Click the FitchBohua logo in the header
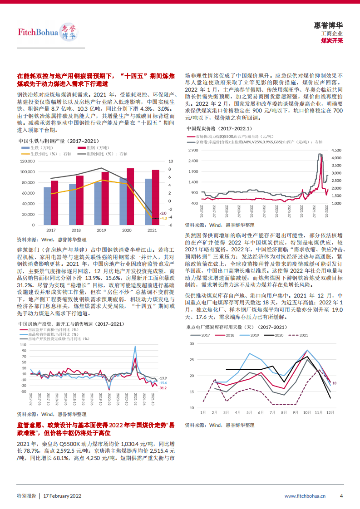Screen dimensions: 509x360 [x=47, y=32]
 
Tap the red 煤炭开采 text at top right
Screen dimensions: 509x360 [x=332, y=40]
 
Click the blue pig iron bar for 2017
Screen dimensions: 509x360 [x=47, y=206]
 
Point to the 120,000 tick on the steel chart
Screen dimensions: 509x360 [x=28, y=161]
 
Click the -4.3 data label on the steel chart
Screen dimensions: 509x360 [x=164, y=218]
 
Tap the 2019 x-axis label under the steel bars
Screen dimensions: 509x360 [x=101, y=230]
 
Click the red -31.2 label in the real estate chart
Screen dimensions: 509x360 [x=162, y=387]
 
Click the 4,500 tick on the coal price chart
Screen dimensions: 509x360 [x=336, y=150]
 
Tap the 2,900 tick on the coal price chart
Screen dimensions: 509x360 [x=193, y=150]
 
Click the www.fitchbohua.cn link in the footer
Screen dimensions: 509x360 [x=305, y=496]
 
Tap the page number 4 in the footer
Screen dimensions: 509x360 [x=341, y=496]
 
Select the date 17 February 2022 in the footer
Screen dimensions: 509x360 [x=62, y=496]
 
